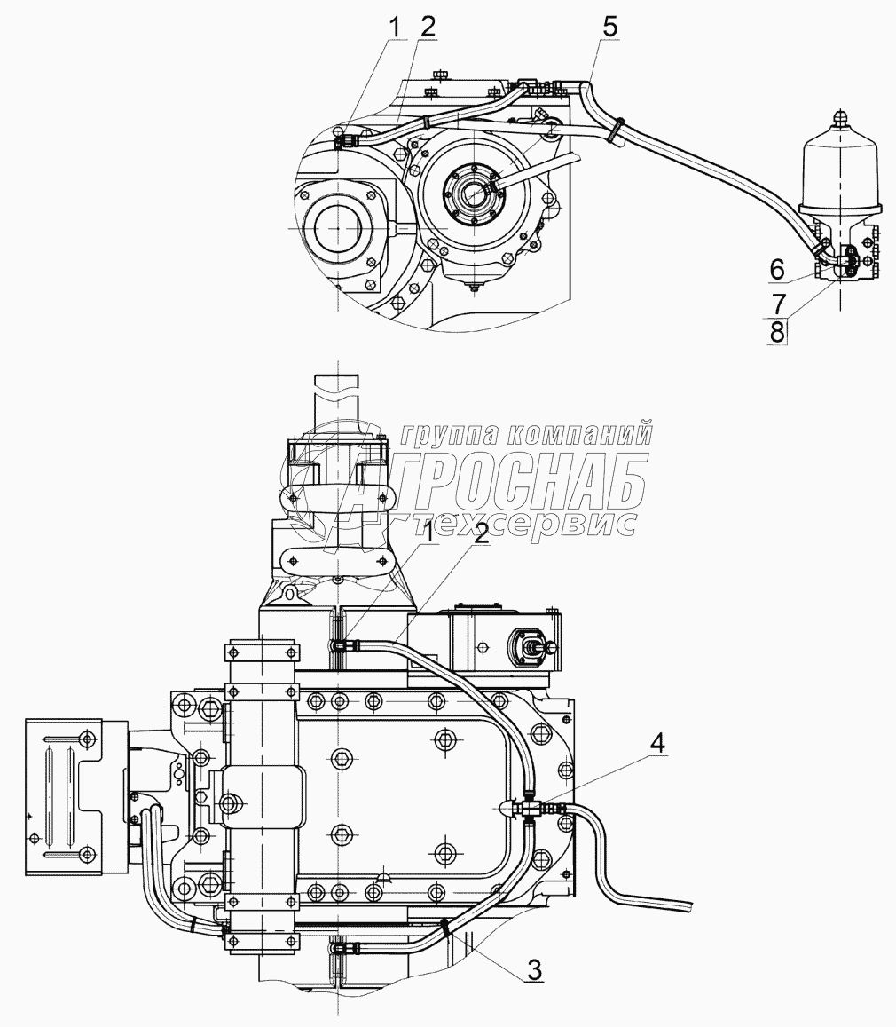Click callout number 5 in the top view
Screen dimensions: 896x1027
(x=609, y=27)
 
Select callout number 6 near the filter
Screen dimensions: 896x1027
(x=777, y=269)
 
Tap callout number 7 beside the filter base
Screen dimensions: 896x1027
(x=778, y=304)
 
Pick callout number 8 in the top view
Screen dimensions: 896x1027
(x=777, y=332)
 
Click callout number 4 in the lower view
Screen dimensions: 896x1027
(x=657, y=743)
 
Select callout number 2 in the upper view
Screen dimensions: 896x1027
(x=428, y=27)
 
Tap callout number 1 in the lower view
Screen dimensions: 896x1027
(x=429, y=533)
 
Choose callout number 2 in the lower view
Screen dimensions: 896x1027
(x=481, y=533)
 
